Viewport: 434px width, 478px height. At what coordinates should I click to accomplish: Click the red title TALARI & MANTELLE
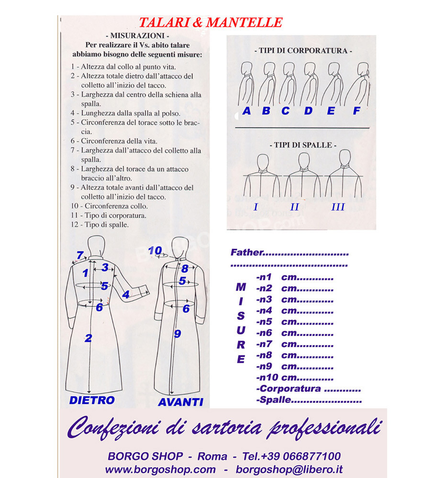point(211,22)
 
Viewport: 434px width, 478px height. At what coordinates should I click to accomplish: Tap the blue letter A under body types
point(247,111)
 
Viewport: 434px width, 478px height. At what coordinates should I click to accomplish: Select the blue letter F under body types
point(356,111)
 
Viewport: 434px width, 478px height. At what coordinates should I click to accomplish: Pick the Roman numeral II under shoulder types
point(295,207)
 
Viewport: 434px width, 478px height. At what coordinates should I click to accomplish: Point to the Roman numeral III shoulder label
point(338,207)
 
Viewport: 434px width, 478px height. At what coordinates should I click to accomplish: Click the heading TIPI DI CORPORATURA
point(303,50)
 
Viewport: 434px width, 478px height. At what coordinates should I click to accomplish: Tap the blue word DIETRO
point(92,400)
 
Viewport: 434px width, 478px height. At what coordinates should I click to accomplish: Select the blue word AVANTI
point(180,402)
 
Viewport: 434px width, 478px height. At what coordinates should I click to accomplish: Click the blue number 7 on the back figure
point(80,255)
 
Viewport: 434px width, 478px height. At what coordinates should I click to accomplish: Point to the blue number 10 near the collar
point(155,250)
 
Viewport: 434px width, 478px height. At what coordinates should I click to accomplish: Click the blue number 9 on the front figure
point(177,334)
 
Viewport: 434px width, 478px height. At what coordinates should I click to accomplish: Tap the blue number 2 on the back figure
point(88,338)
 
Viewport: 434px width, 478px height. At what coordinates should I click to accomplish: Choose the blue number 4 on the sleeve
point(125,295)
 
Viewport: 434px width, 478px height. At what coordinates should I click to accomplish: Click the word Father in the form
point(246,252)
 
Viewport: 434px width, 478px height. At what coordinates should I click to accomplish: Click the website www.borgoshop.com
point(160,469)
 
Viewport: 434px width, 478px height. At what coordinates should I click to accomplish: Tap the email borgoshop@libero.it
point(289,469)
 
